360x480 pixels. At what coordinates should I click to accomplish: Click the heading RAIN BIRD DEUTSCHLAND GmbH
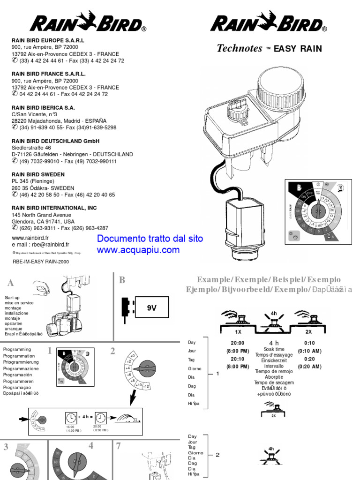(55, 141)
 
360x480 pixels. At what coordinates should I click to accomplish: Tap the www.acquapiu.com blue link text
(138, 250)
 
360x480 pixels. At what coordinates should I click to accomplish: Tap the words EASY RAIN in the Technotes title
(298, 48)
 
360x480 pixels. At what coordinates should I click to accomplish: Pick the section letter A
(11, 283)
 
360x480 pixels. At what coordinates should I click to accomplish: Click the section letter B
(122, 280)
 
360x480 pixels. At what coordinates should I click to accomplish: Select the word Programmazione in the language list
(21, 369)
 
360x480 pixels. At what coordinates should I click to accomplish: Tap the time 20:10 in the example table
(238, 359)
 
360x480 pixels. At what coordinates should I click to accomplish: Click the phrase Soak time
(274, 350)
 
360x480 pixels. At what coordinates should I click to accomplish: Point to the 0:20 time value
(309, 359)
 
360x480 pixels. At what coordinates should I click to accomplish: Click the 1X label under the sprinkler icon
(238, 332)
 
